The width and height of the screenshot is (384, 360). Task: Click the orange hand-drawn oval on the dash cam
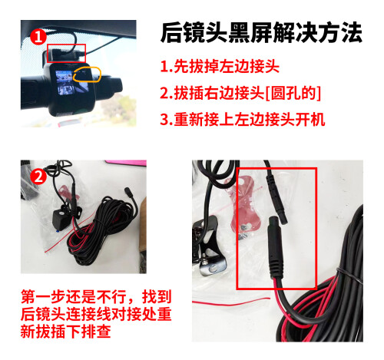point(88,74)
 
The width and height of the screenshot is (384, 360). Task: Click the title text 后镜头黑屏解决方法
point(260,32)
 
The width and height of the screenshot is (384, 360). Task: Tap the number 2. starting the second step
point(166,93)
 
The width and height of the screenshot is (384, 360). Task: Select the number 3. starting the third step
point(166,120)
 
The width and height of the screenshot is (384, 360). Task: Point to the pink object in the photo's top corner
point(127,163)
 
